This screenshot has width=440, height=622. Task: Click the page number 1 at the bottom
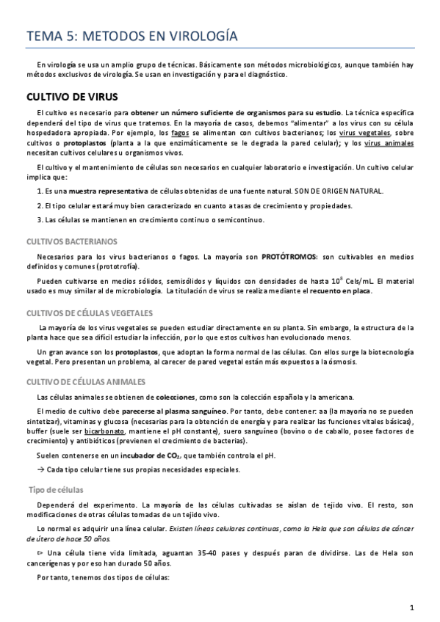(x=413, y=607)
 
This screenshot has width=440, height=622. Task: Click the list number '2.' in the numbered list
(x=40, y=205)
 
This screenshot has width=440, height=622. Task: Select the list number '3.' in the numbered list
(x=40, y=219)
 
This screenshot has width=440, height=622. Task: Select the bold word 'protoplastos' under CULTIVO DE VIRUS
(x=83, y=144)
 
